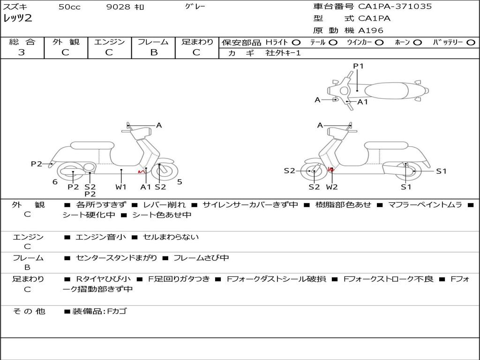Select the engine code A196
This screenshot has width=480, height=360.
(371, 30)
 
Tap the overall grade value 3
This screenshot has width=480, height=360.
(22, 52)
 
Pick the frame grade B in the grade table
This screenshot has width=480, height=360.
(153, 52)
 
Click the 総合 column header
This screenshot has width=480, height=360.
(22, 42)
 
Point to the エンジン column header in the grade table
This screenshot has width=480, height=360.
(109, 42)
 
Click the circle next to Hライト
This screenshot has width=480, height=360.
(296, 42)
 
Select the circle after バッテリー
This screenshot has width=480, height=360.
(471, 42)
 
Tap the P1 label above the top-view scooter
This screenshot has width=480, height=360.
(359, 66)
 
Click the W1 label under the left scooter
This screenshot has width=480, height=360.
(121, 187)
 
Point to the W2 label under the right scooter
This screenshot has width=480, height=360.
(332, 187)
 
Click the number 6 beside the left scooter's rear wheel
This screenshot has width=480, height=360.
(55, 182)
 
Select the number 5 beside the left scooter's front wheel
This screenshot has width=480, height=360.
(180, 182)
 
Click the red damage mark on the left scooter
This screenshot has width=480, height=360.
(140, 172)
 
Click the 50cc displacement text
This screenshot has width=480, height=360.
(69, 7)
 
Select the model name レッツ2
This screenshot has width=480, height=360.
(17, 19)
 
